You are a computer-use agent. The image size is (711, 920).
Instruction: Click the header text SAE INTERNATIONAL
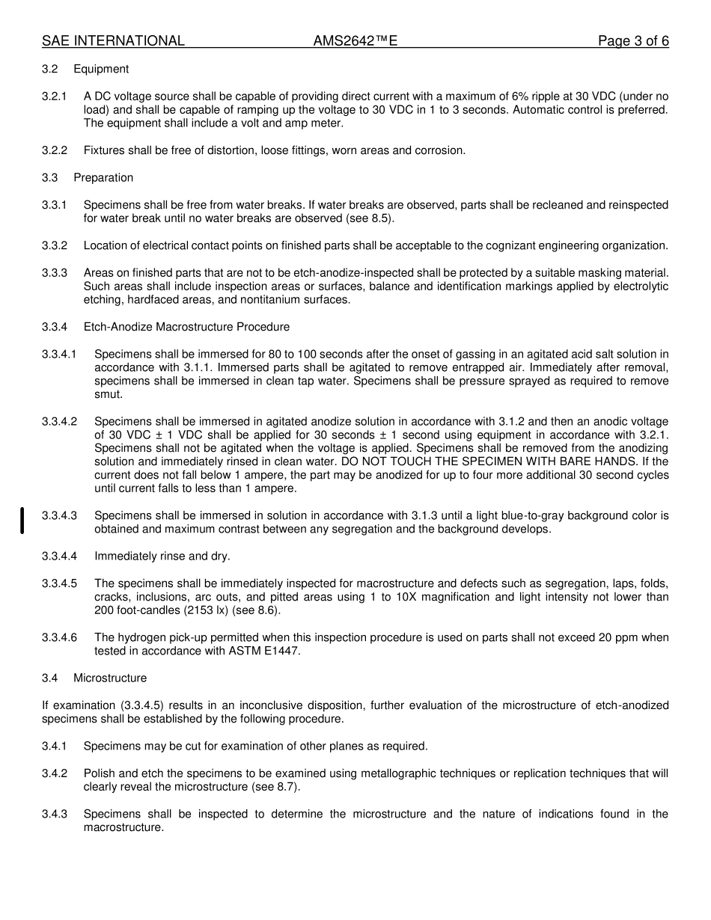click(113, 41)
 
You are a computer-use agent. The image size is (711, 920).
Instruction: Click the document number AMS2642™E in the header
click(355, 41)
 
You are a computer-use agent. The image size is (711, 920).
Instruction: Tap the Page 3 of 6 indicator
click(633, 41)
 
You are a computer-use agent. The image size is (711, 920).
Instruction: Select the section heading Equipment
click(101, 69)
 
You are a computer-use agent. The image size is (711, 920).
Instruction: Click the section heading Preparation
click(103, 177)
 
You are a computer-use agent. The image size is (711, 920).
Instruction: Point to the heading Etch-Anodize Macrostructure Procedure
click(186, 327)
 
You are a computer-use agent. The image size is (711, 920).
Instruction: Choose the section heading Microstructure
click(110, 678)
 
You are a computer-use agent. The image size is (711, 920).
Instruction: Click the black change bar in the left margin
click(22, 521)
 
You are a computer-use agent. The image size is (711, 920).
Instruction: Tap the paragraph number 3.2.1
click(54, 96)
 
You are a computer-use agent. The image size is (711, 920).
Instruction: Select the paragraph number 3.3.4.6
click(59, 637)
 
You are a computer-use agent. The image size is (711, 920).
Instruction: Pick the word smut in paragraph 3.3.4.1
click(108, 394)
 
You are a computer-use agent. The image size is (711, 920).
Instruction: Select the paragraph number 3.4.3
click(54, 814)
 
